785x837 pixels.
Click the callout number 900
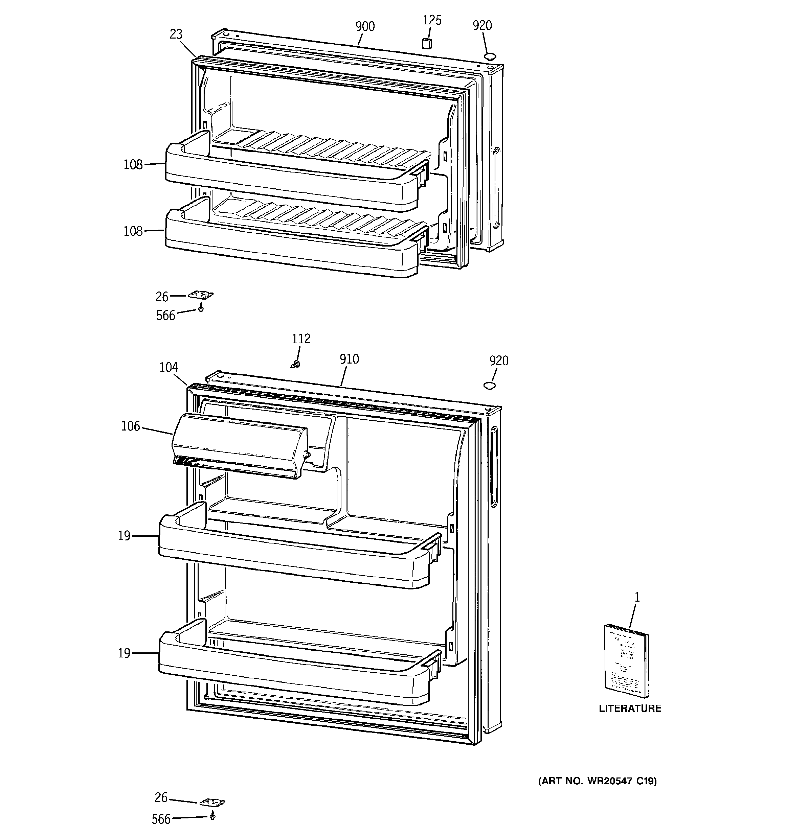pyautogui.click(x=364, y=26)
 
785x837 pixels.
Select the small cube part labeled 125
pyautogui.click(x=427, y=43)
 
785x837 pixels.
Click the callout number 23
pyautogui.click(x=176, y=34)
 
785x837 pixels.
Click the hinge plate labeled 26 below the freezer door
pyautogui.click(x=201, y=295)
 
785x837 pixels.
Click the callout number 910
pyautogui.click(x=349, y=359)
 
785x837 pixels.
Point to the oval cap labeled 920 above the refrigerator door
pyautogui.click(x=489, y=385)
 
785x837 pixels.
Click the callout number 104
pyautogui.click(x=169, y=368)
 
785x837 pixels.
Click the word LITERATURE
pyautogui.click(x=630, y=708)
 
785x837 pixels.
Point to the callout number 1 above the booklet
pyautogui.click(x=637, y=597)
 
